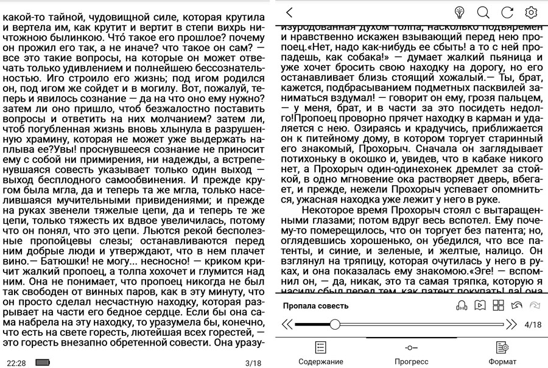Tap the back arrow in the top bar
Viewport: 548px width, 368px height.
289,12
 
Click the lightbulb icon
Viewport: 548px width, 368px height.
460,12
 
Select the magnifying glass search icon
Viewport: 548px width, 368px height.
483,12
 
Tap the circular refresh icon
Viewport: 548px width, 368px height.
507,12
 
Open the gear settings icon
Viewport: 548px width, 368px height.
531,12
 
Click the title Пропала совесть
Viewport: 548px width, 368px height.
316,306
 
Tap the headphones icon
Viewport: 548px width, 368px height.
462,306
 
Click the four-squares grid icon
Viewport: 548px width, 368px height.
498,306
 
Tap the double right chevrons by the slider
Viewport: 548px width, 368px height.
511,325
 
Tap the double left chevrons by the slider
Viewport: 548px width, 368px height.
287,325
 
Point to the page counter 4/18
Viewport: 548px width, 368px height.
533,325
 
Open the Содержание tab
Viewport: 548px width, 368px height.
320,353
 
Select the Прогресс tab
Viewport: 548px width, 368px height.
411,353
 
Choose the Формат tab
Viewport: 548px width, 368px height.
502,353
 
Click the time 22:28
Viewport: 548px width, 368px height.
16,363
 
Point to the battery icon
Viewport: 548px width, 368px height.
43,363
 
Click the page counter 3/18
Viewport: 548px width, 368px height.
253,363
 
